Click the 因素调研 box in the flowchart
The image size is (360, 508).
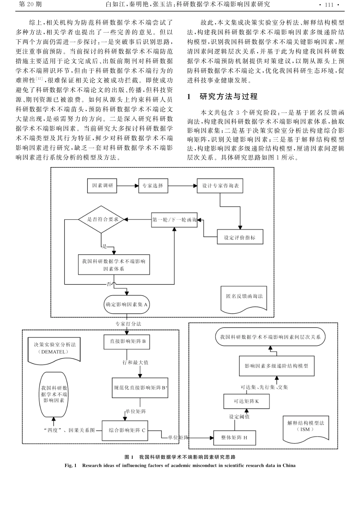click(x=102, y=186)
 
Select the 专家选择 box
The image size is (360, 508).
click(x=153, y=186)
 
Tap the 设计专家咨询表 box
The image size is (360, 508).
click(x=220, y=186)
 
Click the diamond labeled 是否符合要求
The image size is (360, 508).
click(x=101, y=219)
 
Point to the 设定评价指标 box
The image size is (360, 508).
click(x=240, y=238)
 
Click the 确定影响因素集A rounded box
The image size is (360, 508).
click(x=127, y=305)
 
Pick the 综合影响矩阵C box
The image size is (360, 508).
click(x=127, y=430)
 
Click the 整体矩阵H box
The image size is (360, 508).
click(x=234, y=437)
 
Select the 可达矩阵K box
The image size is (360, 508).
click(x=246, y=401)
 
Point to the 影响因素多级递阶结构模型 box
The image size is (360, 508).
click(x=276, y=366)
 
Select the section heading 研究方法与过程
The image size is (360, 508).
click(x=229, y=97)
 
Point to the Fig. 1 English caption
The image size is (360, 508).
click(x=180, y=466)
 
